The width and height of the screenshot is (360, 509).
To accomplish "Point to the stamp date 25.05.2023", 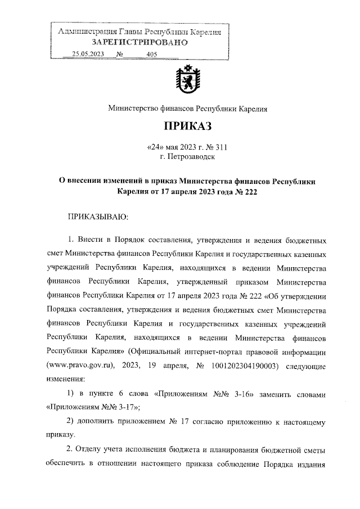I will click(88, 54).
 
